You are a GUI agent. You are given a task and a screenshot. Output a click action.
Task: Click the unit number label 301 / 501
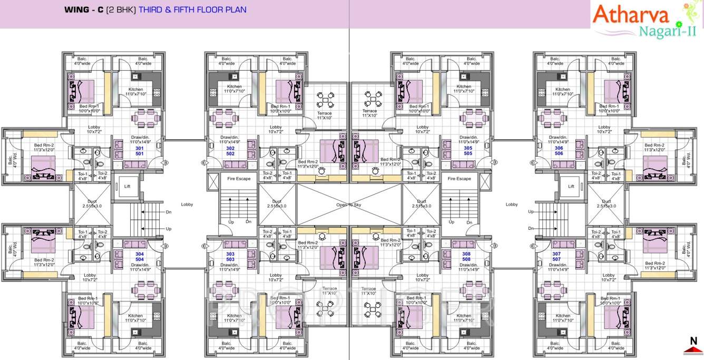(139, 151)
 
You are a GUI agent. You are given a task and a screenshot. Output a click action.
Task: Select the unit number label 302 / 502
(230, 151)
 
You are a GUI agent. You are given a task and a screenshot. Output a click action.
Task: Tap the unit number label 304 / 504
(140, 257)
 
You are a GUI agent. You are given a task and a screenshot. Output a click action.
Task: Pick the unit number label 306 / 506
(559, 151)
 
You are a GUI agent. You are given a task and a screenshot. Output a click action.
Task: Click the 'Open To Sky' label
(349, 205)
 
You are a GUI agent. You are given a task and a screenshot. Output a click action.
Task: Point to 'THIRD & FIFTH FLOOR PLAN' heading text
(192, 9)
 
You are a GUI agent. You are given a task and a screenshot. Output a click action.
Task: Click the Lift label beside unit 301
(127, 186)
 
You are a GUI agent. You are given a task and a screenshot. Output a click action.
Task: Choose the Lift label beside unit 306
(571, 186)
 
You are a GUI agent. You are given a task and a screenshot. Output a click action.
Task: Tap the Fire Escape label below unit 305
(459, 179)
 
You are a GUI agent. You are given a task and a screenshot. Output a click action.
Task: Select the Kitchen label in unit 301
(135, 90)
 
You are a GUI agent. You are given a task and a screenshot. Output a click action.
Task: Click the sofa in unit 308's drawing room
(463, 244)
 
